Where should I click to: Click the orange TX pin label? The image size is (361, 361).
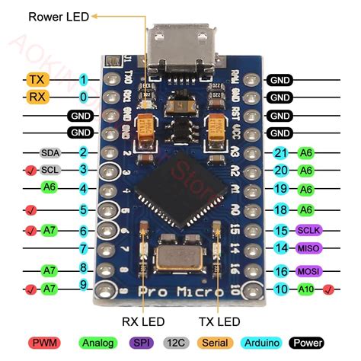(x=37, y=79)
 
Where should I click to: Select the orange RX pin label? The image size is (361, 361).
(x=37, y=97)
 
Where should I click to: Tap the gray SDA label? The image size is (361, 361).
(x=50, y=152)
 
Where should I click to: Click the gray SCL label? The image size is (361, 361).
(x=51, y=171)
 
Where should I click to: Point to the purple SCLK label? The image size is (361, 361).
(x=308, y=230)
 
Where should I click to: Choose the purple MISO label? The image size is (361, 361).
(x=308, y=248)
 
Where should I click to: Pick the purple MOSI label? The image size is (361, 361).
(x=308, y=271)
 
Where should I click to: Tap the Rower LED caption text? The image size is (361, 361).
(x=59, y=14)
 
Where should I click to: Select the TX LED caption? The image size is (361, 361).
(x=219, y=322)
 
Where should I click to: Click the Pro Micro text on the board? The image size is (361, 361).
(x=181, y=292)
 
